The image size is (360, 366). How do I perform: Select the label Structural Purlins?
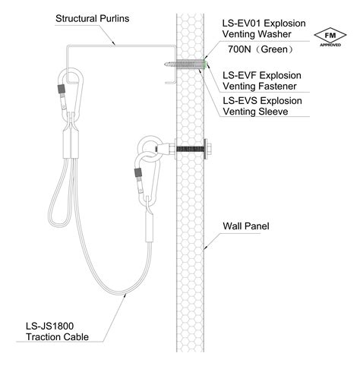(x=92, y=18)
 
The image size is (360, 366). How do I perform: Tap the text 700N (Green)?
(x=261, y=49)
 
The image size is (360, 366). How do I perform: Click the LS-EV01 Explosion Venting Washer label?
(x=264, y=29)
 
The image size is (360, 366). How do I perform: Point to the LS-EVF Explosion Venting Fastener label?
(x=262, y=80)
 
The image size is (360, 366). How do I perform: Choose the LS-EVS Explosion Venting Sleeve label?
(x=262, y=106)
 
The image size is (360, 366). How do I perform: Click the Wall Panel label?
(x=246, y=226)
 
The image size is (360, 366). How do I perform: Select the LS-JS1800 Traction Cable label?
(x=57, y=331)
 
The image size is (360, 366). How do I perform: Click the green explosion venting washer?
(x=205, y=65)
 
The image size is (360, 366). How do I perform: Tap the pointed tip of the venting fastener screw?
(x=165, y=65)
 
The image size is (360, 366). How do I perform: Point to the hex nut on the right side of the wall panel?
(x=210, y=149)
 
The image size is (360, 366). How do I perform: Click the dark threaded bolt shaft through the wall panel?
(x=190, y=149)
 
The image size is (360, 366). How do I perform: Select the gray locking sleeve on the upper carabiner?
(x=62, y=89)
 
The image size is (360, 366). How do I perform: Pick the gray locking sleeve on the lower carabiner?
(x=138, y=172)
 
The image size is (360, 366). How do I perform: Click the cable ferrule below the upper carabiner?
(x=71, y=144)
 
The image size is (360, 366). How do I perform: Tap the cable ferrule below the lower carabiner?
(x=149, y=228)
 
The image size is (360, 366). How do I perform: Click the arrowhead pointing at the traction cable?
(x=125, y=295)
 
